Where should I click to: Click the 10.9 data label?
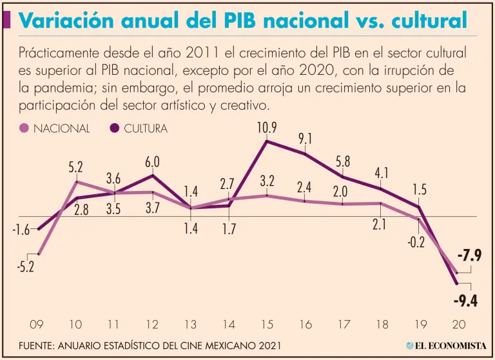(x=267, y=128)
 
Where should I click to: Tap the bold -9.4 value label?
(x=465, y=300)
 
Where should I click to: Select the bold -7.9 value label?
(x=469, y=255)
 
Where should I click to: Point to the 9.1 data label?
(x=306, y=139)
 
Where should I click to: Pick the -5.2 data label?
(x=26, y=266)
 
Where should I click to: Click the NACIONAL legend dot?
(x=24, y=128)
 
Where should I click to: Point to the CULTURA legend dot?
(x=115, y=128)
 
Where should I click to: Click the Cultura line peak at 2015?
(x=267, y=141)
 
